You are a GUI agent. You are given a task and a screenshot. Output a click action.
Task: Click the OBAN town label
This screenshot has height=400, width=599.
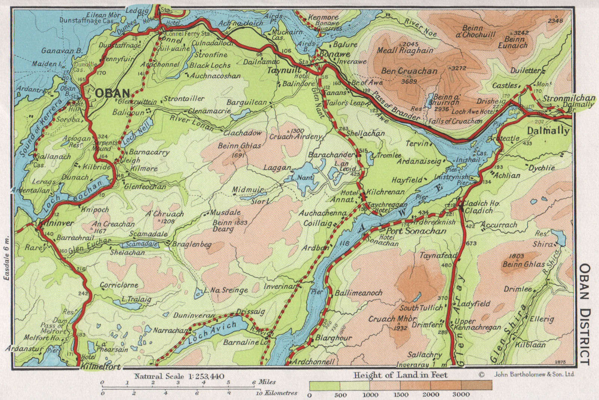point(113,93)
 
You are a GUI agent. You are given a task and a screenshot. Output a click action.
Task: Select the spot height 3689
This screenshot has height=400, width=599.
point(409,81)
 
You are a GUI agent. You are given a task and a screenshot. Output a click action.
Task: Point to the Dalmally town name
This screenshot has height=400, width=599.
point(548,131)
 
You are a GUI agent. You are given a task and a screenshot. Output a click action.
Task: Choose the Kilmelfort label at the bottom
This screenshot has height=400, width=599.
point(100,367)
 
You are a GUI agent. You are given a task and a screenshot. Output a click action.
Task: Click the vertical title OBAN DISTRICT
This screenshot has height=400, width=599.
point(585,314)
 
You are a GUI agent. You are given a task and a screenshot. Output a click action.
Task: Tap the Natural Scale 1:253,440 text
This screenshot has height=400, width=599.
point(179,376)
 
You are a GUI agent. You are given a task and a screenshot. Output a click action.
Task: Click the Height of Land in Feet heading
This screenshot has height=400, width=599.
point(400,375)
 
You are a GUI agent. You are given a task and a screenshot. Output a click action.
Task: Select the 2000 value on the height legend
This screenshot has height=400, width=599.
point(431,394)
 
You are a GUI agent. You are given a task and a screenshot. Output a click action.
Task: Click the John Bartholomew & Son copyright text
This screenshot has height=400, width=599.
point(534,374)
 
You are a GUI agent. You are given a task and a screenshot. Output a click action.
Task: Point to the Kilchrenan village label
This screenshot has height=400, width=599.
point(385,192)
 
